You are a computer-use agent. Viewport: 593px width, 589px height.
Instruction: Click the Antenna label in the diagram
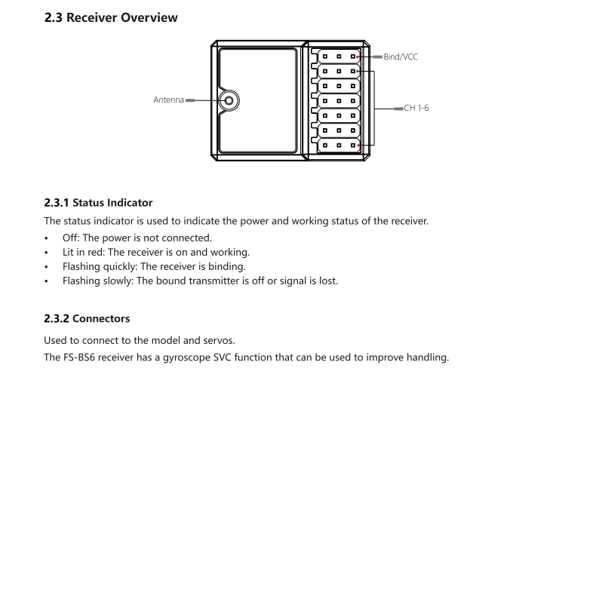[x=169, y=100]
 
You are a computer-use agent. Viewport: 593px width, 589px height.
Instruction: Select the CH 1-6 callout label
[x=416, y=109]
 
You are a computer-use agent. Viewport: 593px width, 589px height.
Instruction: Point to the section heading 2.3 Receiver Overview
[x=112, y=17]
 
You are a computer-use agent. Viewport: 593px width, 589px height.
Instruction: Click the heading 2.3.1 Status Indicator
[x=100, y=203]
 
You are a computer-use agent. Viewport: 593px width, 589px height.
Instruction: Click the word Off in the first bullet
[x=72, y=238]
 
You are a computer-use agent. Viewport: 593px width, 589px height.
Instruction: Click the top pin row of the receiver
[x=339, y=57]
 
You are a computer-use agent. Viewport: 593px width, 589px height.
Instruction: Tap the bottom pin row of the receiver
[x=339, y=144]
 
